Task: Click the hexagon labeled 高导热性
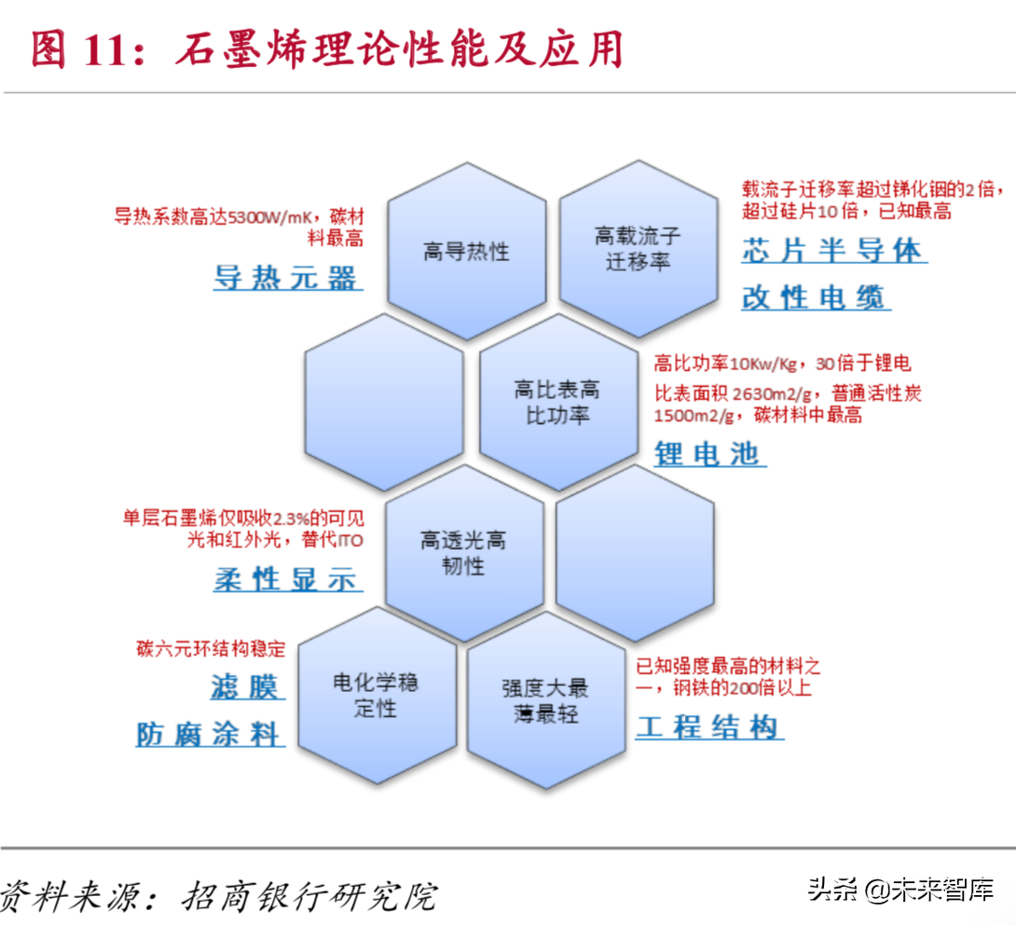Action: coord(467,251)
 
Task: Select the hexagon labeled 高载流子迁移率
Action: coord(638,249)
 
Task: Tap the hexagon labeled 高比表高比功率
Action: coord(558,402)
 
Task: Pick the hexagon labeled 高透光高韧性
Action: coord(464,553)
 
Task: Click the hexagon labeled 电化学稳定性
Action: coord(378,696)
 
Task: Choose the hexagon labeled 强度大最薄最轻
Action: coord(546,700)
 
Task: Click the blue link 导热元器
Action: coord(287,278)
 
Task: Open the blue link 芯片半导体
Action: coord(834,250)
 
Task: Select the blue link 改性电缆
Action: coord(816,297)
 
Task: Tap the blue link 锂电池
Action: coord(710,453)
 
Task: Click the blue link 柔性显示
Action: coord(287,578)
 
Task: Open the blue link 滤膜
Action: coord(248,686)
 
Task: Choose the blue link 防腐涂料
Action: coord(210,734)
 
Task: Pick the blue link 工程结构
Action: coord(709,726)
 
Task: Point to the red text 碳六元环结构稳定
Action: coord(211,648)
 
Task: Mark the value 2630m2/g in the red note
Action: coord(772,393)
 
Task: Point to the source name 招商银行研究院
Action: coord(309,896)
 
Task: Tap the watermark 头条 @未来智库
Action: coord(900,890)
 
